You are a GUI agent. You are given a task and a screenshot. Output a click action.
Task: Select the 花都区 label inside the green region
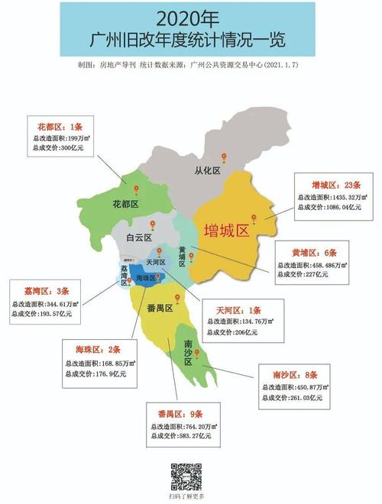(125, 205)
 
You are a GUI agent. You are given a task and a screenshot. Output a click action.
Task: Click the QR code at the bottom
(186, 475)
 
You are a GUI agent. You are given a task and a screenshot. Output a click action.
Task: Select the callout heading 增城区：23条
(327, 184)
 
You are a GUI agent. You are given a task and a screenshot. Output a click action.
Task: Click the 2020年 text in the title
(189, 15)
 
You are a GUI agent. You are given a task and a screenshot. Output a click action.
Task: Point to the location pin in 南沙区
(197, 354)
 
